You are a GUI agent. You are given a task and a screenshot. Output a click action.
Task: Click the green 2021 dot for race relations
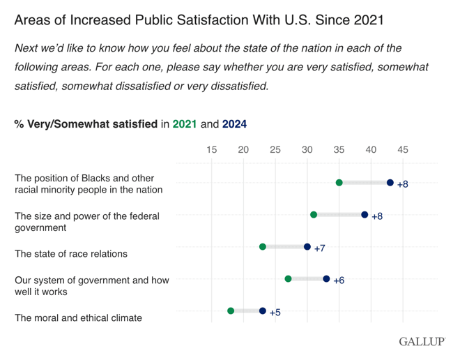point(263,247)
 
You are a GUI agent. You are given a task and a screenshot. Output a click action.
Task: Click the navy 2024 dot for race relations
point(307,247)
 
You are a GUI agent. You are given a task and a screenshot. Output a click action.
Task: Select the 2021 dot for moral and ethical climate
point(231,311)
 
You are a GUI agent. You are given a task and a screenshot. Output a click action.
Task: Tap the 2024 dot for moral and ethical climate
point(263,311)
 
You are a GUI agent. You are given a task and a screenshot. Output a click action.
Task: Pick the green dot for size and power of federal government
point(314,215)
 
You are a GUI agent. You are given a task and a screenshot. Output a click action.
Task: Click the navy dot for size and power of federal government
point(365,215)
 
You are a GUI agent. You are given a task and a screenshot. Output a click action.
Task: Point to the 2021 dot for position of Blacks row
point(339,183)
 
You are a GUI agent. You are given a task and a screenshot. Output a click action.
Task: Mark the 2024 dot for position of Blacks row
point(390,183)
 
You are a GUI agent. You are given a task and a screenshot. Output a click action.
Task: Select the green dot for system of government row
point(289,279)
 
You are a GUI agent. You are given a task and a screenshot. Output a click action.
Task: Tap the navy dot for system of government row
point(326,279)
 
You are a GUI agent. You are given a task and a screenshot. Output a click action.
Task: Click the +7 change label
point(320,248)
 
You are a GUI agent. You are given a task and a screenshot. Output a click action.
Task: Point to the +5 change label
point(275,313)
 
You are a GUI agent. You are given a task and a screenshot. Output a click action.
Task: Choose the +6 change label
point(339,280)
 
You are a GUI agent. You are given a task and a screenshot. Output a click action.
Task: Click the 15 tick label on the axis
point(211,150)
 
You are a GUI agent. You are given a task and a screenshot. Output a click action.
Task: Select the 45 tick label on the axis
point(403,150)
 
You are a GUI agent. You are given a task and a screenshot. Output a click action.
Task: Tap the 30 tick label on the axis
point(307,150)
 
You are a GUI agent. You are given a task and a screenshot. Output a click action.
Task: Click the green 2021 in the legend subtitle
point(185,124)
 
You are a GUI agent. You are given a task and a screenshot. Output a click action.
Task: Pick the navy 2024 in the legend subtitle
point(234,124)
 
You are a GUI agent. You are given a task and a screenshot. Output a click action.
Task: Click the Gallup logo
point(422,342)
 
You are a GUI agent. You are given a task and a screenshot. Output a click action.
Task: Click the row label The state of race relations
point(71,254)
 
